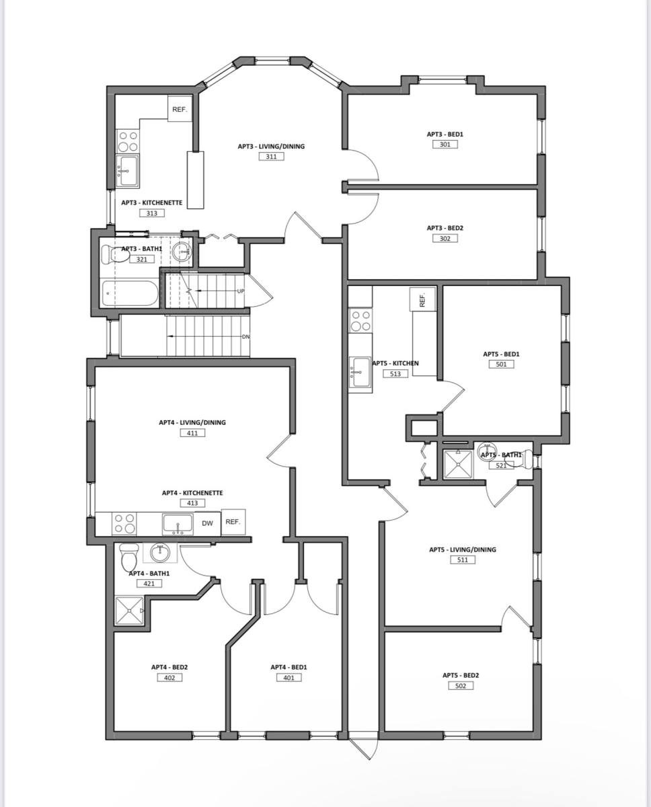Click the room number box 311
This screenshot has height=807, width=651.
click(271, 157)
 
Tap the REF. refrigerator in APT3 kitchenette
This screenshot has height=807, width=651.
click(180, 108)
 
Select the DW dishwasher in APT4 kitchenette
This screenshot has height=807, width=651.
click(207, 523)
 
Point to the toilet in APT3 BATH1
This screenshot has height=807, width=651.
click(115, 255)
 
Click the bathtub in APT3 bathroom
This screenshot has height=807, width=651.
click(130, 293)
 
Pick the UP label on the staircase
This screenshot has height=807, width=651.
click(241, 291)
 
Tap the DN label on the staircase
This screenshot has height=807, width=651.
click(245, 337)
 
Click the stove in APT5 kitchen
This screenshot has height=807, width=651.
click(360, 321)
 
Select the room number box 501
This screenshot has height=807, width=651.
click(501, 364)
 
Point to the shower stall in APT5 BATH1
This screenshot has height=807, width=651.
click(458, 465)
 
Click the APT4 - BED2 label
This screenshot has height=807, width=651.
click(169, 667)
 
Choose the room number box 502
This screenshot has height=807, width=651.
click(461, 686)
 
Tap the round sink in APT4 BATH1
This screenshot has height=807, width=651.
click(160, 553)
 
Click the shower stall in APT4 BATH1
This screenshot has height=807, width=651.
click(129, 611)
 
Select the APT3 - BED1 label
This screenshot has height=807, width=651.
click(445, 134)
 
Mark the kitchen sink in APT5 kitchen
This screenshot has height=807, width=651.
click(360, 372)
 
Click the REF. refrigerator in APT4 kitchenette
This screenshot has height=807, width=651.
click(233, 522)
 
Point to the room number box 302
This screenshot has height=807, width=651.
click(445, 238)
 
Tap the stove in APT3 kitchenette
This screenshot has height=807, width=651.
click(128, 141)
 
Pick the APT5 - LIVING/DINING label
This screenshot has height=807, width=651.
click(463, 549)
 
